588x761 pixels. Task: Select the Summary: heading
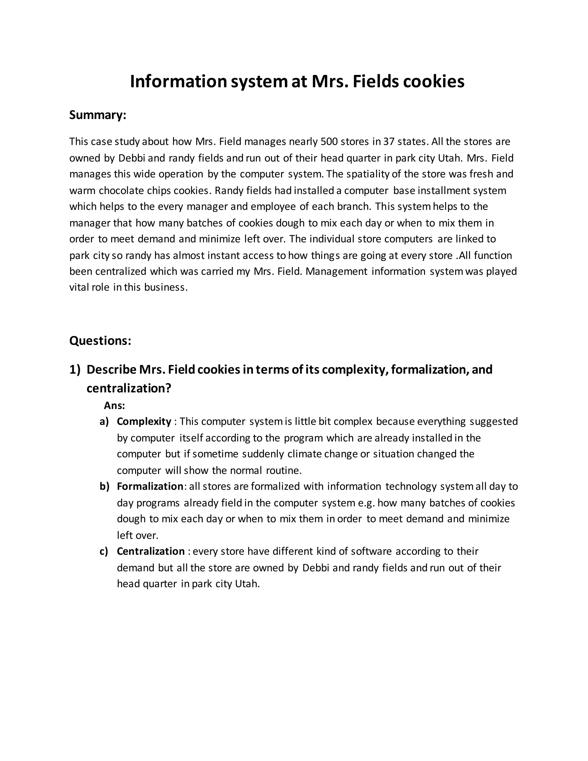[x=98, y=115]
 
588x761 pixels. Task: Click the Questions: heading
[x=100, y=340]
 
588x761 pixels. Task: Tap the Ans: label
[x=114, y=405]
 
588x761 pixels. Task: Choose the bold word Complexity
[x=144, y=422]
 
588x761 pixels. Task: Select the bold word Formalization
[x=150, y=486]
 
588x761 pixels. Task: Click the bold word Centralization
[x=150, y=551]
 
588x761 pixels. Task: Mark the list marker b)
[x=104, y=486]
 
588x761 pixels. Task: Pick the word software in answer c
[x=371, y=551]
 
